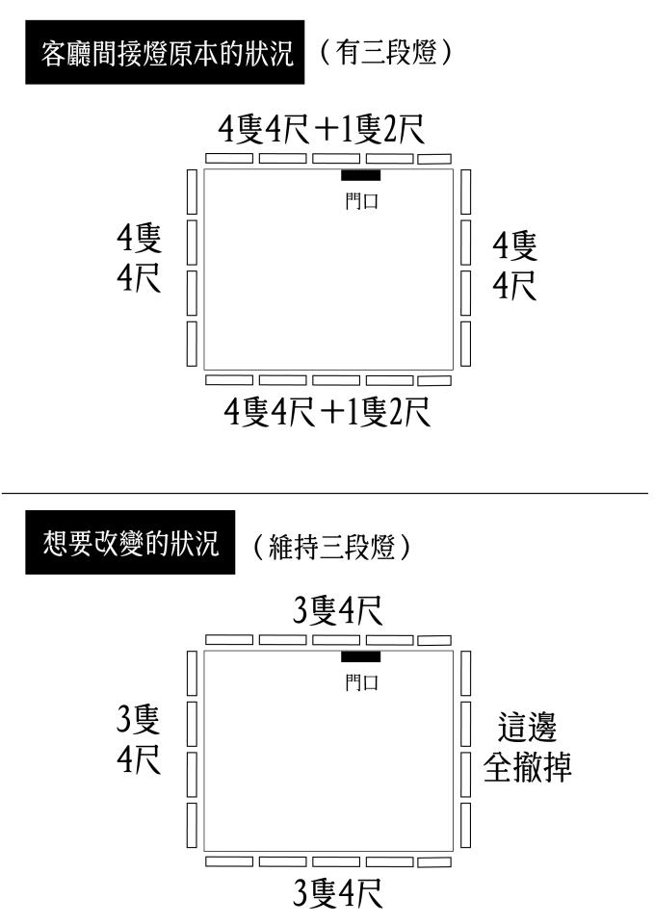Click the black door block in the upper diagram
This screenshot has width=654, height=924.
click(360, 175)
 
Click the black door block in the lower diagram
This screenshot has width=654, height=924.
click(360, 656)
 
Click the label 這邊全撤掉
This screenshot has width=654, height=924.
click(528, 747)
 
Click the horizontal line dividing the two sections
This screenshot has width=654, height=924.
click(327, 493)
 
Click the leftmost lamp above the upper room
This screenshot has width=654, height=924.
click(228, 158)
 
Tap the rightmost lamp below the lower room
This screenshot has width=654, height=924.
click(433, 860)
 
